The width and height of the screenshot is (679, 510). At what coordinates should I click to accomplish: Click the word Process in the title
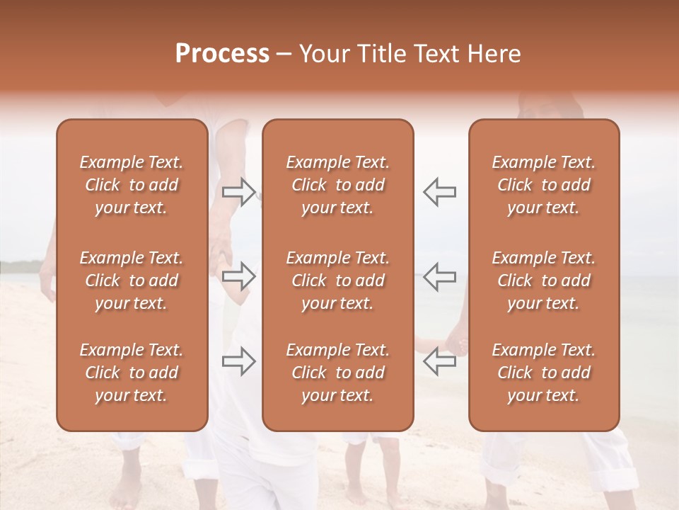222,54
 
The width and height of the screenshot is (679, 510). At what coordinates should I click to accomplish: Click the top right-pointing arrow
239,191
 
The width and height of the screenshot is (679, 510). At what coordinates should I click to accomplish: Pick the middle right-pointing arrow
239,277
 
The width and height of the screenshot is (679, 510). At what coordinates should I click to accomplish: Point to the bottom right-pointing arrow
239,362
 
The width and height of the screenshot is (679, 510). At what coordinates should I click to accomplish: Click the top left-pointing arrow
439,191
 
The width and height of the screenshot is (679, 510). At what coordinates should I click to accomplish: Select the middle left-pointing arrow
439,277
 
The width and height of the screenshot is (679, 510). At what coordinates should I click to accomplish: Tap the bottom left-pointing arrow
439,362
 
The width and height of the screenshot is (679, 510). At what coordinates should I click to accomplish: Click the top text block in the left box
132,185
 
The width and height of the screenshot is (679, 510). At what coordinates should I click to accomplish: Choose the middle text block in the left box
132,280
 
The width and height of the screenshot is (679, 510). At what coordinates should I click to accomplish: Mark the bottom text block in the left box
132,373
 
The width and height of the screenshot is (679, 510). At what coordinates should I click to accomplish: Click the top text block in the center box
338,185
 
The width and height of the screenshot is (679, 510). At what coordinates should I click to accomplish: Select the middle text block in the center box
338,280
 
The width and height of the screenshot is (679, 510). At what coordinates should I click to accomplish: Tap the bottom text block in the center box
338,373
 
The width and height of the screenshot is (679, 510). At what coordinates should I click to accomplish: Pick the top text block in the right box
544,185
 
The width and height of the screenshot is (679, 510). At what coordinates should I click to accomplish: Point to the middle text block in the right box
544,280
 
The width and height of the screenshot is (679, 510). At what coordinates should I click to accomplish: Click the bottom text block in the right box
544,373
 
